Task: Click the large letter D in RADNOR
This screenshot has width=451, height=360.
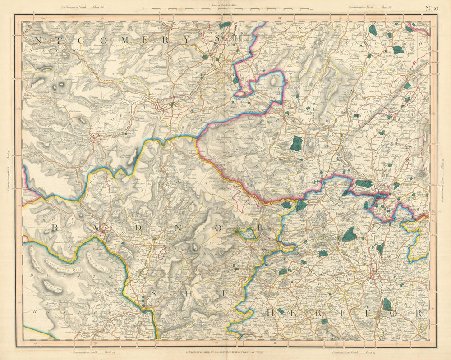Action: click(138, 228)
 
